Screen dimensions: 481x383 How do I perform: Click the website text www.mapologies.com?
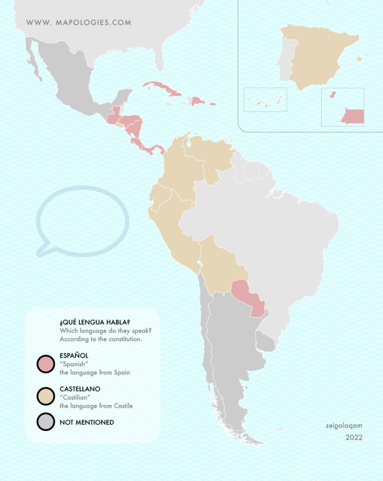tap(79, 22)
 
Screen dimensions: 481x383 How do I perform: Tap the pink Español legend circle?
tap(45, 363)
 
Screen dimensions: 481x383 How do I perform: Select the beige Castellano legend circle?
tap(45, 396)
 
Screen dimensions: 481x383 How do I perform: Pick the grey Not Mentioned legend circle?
tap(45, 422)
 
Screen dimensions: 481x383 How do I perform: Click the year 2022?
tap(354, 438)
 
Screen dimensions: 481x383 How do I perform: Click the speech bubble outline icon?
tap(82, 221)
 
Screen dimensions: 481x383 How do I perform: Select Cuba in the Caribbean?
tap(167, 90)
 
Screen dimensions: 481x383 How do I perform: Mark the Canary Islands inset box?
tap(265, 100)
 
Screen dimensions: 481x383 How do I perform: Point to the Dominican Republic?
tap(198, 101)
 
